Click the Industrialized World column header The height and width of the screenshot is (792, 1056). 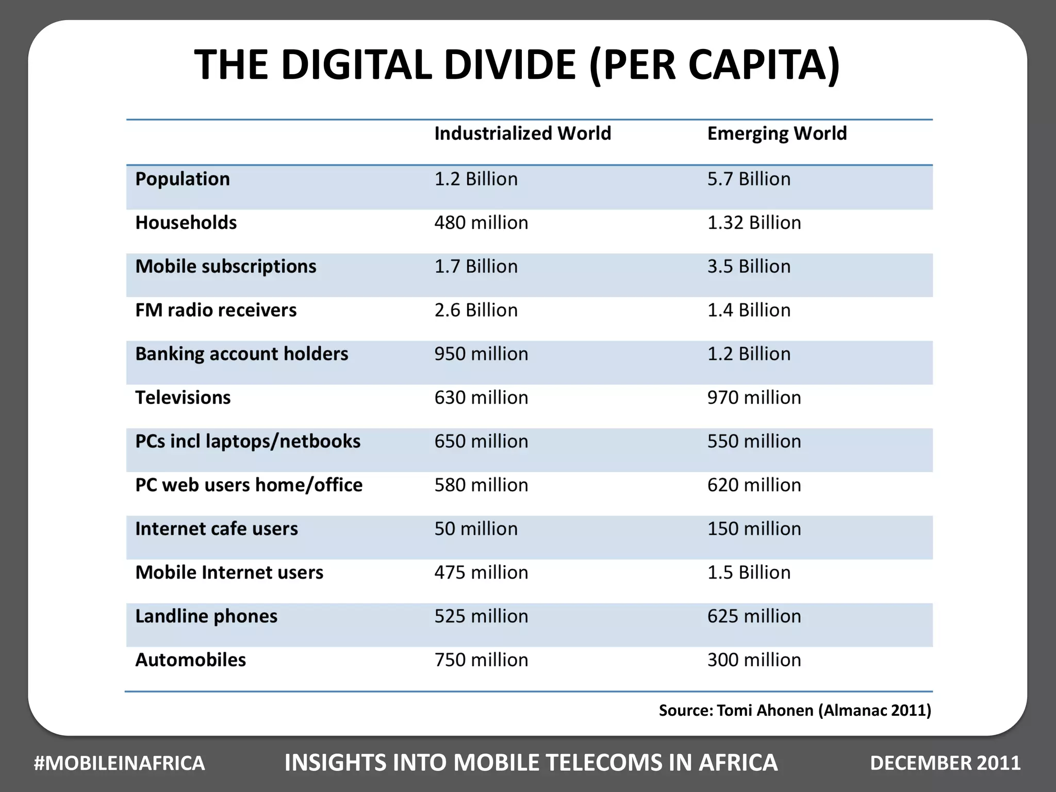point(522,134)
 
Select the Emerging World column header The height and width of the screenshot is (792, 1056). point(777,134)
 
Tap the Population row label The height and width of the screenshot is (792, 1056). point(183,179)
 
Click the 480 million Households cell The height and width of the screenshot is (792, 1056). point(481,223)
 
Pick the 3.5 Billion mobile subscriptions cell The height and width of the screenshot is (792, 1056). point(749,267)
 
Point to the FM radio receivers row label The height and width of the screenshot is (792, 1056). point(216,310)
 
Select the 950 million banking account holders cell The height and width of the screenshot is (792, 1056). point(481,354)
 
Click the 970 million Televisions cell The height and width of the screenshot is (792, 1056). point(754,398)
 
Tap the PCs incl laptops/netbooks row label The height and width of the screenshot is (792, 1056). point(247,441)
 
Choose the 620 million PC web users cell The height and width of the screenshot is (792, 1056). point(754,485)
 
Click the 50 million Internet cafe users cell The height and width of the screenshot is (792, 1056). point(475,529)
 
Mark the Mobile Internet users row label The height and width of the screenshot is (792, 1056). point(229,573)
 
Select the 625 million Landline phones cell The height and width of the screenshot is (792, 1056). point(754,616)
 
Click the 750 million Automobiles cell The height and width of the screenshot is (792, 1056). point(481,660)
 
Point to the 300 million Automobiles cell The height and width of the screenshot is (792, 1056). point(754,660)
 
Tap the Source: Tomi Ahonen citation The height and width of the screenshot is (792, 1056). point(795,711)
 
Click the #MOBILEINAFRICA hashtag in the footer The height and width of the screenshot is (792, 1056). point(119,763)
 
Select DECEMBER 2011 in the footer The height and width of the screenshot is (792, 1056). point(945,763)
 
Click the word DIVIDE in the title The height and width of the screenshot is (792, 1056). point(509,65)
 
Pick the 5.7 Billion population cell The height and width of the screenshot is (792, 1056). point(749,179)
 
